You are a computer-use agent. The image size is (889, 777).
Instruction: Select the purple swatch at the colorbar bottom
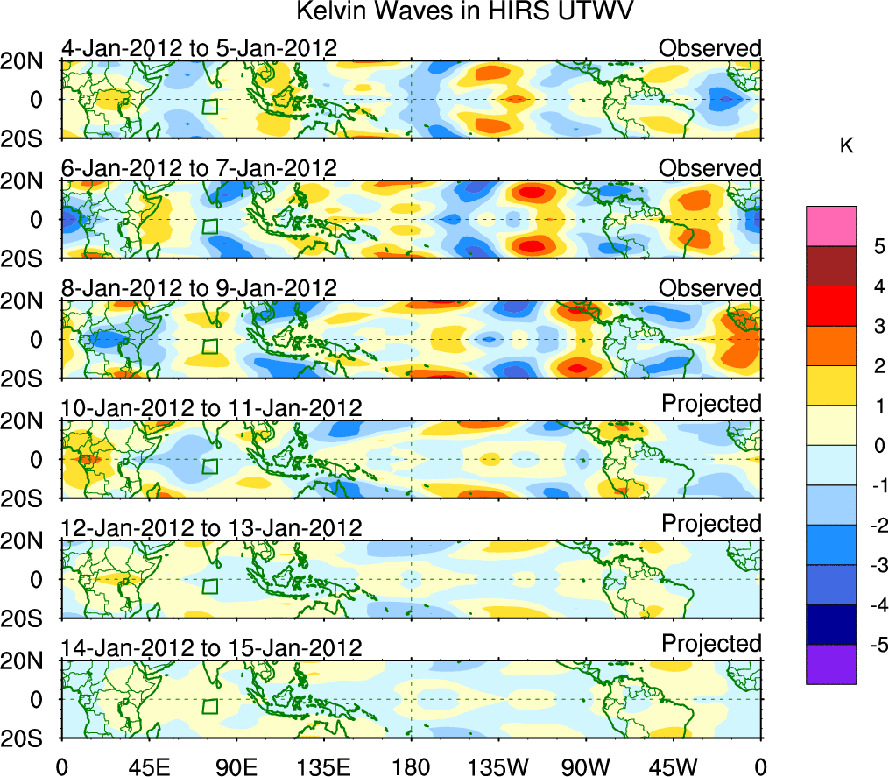click(x=830, y=664)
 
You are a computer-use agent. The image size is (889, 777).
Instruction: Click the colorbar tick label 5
click(x=878, y=246)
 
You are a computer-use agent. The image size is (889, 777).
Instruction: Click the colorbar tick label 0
click(x=878, y=446)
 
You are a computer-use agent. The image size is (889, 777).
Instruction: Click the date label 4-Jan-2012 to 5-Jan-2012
click(x=199, y=47)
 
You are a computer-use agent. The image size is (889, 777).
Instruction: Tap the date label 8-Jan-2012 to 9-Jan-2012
click(x=199, y=287)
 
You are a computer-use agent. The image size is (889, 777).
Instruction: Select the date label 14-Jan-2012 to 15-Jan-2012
click(x=211, y=648)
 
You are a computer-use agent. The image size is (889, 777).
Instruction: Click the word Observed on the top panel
click(x=710, y=47)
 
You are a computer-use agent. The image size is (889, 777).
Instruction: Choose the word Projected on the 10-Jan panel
click(x=711, y=403)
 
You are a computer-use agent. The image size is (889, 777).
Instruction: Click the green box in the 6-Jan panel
click(x=209, y=226)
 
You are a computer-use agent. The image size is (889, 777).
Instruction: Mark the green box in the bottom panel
click(x=209, y=707)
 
